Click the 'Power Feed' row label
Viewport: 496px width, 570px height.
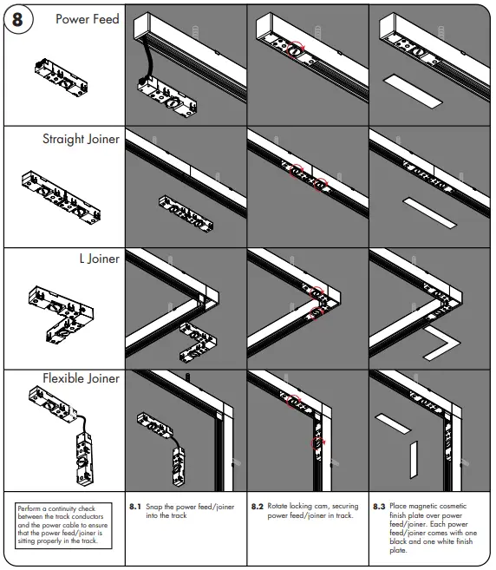click(88, 19)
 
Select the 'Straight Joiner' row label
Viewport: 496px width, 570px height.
click(81, 139)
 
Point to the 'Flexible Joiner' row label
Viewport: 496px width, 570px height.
click(81, 378)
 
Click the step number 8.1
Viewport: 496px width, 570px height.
click(134, 505)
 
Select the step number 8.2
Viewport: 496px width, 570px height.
click(257, 505)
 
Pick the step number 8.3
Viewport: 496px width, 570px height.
click(379, 505)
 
